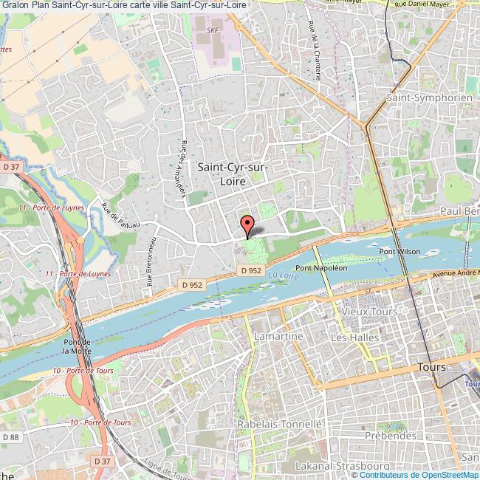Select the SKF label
tap(213, 30)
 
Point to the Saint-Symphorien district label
tap(419, 97)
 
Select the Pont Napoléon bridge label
tap(321, 267)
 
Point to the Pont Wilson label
tap(400, 252)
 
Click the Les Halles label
tap(354, 337)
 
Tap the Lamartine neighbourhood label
tap(278, 336)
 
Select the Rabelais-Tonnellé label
tap(280, 425)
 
